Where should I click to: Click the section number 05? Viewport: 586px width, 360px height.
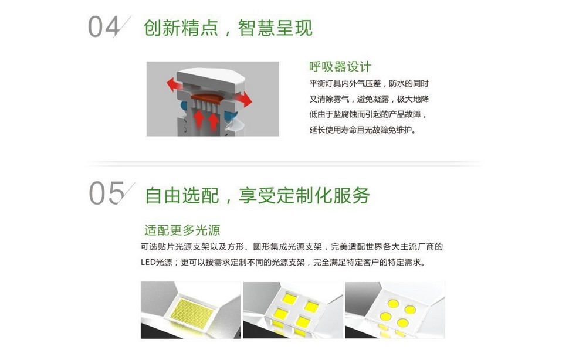tap(107, 193)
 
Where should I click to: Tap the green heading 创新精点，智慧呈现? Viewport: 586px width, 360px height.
tap(228, 28)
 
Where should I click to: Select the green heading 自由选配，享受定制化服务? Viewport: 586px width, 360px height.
tap(258, 195)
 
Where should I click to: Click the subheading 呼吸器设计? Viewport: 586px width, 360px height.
tap(340, 67)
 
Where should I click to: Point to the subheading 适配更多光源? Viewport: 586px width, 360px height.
tap(182, 230)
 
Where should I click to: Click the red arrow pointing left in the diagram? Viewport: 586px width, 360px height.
tap(174, 84)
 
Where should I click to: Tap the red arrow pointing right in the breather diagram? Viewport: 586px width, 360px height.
tap(244, 99)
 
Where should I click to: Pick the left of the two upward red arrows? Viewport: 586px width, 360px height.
tap(199, 119)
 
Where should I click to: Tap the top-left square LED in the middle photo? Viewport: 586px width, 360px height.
tap(289, 298)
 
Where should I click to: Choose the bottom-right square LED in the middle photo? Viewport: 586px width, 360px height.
tap(303, 321)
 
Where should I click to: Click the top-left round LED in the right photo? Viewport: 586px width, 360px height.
tap(393, 304)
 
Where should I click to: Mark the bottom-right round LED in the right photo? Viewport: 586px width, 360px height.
tap(403, 322)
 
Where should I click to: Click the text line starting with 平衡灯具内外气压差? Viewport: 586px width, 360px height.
tap(369, 84)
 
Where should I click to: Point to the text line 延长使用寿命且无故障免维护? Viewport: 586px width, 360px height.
tap(363, 130)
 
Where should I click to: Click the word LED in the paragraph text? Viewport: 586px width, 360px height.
tap(148, 263)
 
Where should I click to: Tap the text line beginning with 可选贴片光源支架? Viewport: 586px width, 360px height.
tap(292, 247)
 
